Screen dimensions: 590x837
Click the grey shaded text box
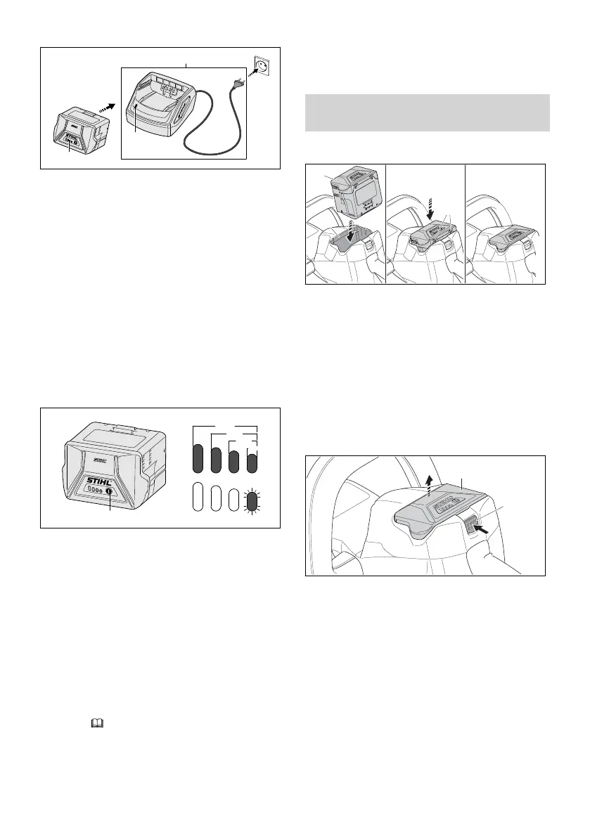(x=426, y=113)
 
